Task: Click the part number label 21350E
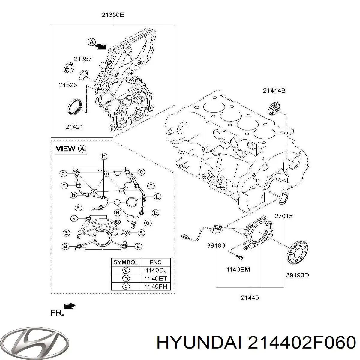[112, 15]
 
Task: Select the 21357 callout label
[83, 59]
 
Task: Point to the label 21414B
[274, 91]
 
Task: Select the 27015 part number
[283, 216]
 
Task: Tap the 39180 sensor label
[216, 245]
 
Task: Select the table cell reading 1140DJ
[156, 270]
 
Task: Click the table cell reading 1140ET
[156, 278]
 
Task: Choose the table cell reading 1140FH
[156, 286]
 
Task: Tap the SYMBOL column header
[126, 262]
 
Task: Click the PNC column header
[156, 262]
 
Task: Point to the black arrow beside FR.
[70, 306]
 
